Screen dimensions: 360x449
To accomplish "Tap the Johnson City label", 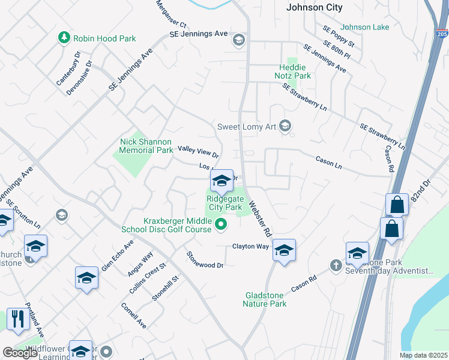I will tap(315, 8).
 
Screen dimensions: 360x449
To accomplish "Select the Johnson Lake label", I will tap(364, 27).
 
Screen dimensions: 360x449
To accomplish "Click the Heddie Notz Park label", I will tap(295, 71).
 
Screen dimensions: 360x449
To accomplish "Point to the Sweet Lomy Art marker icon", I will tap(285, 126).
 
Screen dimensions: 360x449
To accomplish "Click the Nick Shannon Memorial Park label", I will tap(146, 146).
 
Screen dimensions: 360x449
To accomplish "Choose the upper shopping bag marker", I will tap(397, 204).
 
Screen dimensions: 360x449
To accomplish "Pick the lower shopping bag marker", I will tap(391, 228).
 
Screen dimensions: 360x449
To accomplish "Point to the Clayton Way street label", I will tap(250, 247).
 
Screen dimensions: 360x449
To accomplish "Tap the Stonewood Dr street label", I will tap(205, 260).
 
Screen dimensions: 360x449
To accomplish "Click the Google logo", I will tap(20, 353).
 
